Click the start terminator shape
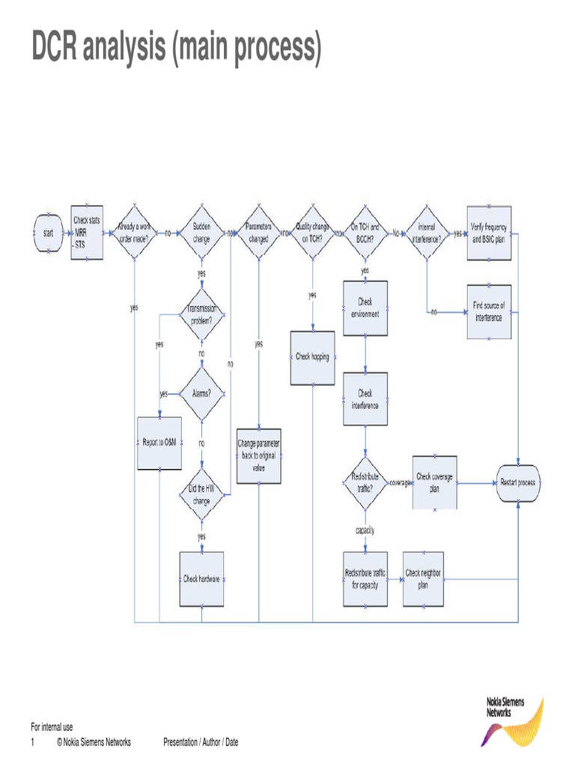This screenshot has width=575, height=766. (48, 233)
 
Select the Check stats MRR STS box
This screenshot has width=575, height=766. (86, 233)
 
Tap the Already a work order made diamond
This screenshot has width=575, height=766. (135, 233)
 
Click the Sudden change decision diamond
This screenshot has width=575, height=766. (201, 233)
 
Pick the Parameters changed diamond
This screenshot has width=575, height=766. (258, 233)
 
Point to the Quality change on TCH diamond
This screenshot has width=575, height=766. (312, 233)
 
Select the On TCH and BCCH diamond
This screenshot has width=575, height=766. (365, 233)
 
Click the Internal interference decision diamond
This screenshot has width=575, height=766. (426, 233)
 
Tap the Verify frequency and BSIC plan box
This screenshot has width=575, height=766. (490, 233)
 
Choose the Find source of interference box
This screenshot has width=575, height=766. (490, 312)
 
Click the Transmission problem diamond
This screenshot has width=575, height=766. (201, 314)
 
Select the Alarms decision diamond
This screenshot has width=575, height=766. (201, 393)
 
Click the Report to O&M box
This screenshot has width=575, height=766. (159, 442)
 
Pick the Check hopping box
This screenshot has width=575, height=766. (312, 357)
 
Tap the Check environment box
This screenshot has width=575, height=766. (365, 308)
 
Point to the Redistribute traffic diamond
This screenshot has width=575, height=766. (365, 482)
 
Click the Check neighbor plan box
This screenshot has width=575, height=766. (424, 579)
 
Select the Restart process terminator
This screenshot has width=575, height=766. (518, 483)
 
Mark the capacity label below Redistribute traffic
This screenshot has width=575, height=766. (365, 530)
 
